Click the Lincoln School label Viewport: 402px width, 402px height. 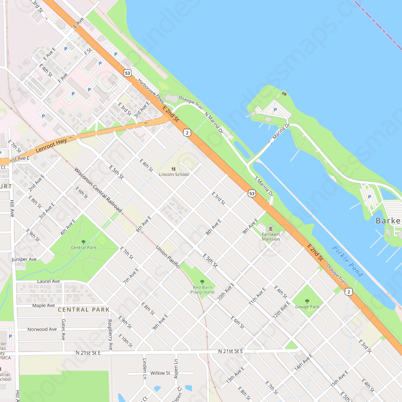coord(174,174)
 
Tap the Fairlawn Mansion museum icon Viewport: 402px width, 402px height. coord(270,228)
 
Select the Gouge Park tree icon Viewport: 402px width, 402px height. coord(307,301)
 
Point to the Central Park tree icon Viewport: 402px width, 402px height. coord(84,242)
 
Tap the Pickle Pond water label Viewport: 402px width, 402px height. coord(348,261)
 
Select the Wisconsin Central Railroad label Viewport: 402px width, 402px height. coord(98,190)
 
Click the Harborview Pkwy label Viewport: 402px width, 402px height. coord(151,90)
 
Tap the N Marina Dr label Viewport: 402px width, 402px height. coord(213,123)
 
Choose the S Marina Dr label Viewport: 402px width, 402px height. coord(264,186)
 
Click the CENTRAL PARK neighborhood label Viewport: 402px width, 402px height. coord(84,310)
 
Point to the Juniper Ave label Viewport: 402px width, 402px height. coord(24,259)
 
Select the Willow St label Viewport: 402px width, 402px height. coord(160,373)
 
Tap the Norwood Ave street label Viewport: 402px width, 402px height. coord(42,329)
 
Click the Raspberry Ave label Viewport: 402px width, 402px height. coord(110,335)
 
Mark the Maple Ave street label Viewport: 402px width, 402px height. coord(43,306)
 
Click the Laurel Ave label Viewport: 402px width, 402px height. coord(48,281)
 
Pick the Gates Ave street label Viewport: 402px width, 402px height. coord(63,330)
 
